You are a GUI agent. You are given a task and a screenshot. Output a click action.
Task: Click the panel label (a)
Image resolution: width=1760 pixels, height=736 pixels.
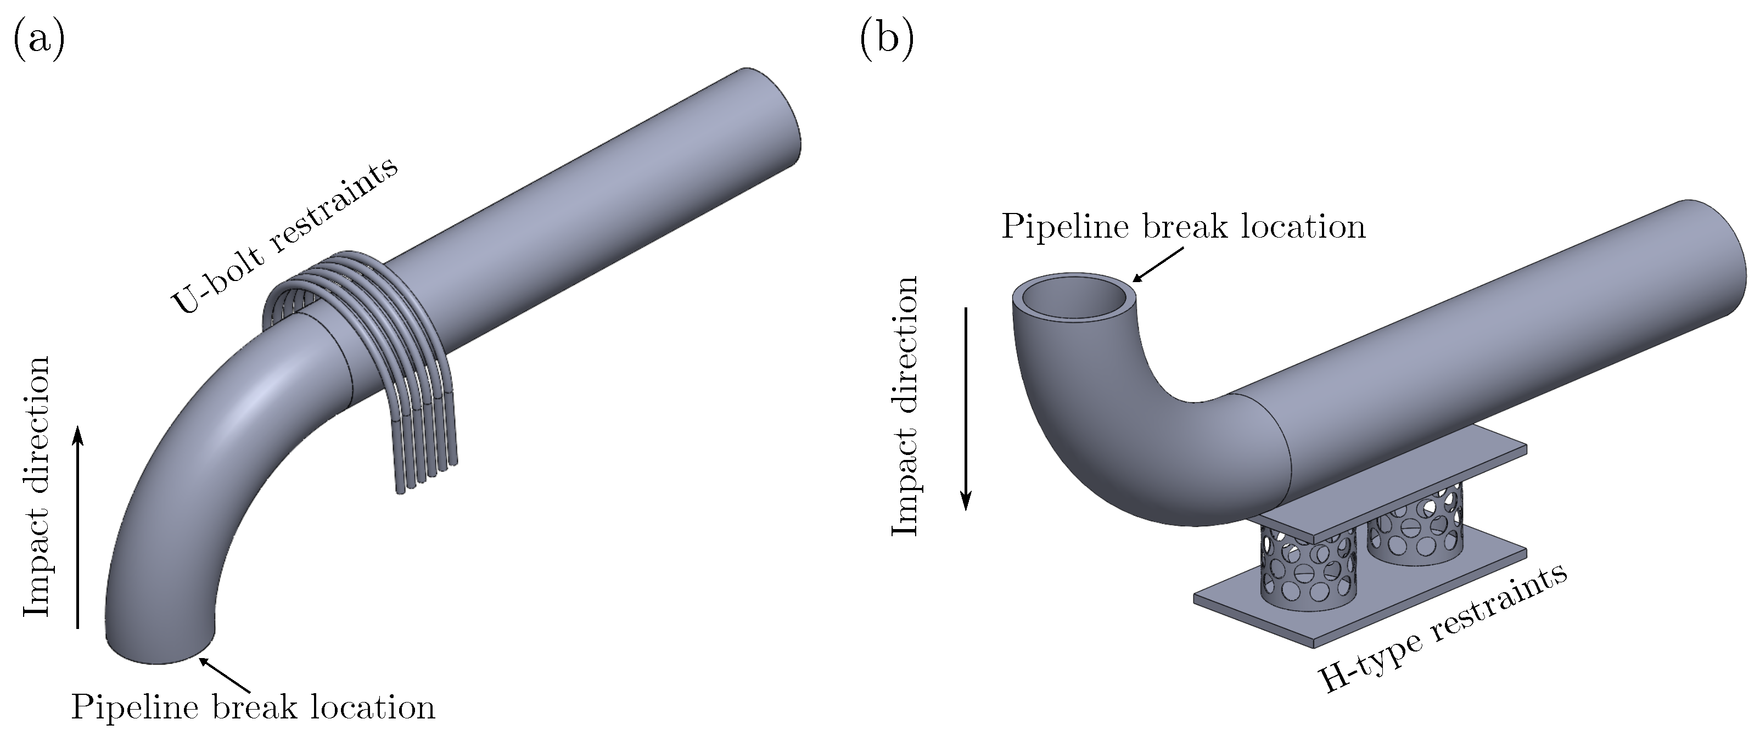point(39,39)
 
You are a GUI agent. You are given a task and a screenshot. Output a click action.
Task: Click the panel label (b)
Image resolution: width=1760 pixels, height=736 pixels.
point(887,39)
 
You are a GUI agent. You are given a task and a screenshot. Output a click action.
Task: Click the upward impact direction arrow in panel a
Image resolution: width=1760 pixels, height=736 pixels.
point(78,526)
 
